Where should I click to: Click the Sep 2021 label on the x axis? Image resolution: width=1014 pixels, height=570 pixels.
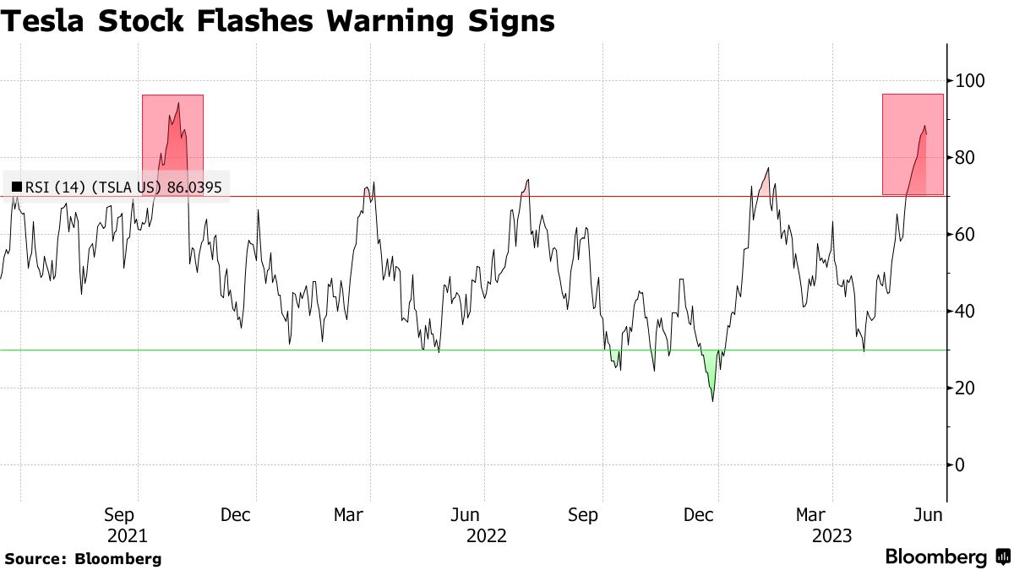click(x=128, y=524)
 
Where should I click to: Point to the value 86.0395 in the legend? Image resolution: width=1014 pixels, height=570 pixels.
click(x=194, y=187)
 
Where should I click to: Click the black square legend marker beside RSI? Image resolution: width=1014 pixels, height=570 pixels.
click(x=16, y=187)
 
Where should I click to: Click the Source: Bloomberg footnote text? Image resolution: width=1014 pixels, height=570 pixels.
click(x=83, y=558)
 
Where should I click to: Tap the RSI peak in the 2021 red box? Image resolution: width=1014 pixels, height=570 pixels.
click(x=178, y=103)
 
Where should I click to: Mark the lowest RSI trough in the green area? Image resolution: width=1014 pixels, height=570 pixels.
click(x=712, y=400)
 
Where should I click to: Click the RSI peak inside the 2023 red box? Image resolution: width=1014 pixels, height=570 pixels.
click(x=924, y=126)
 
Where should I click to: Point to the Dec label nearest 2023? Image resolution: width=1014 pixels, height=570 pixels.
click(x=698, y=514)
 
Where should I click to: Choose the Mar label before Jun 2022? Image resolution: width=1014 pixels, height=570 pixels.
click(x=349, y=514)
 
